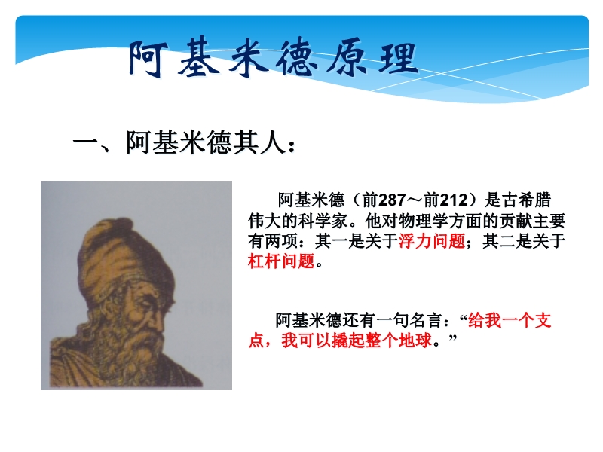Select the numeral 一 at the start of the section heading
[x=86, y=142]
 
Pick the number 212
[x=454, y=200]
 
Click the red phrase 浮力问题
[x=432, y=241]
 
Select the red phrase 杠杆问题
[x=281, y=261]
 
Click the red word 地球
[x=415, y=341]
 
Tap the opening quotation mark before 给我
[x=464, y=317]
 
